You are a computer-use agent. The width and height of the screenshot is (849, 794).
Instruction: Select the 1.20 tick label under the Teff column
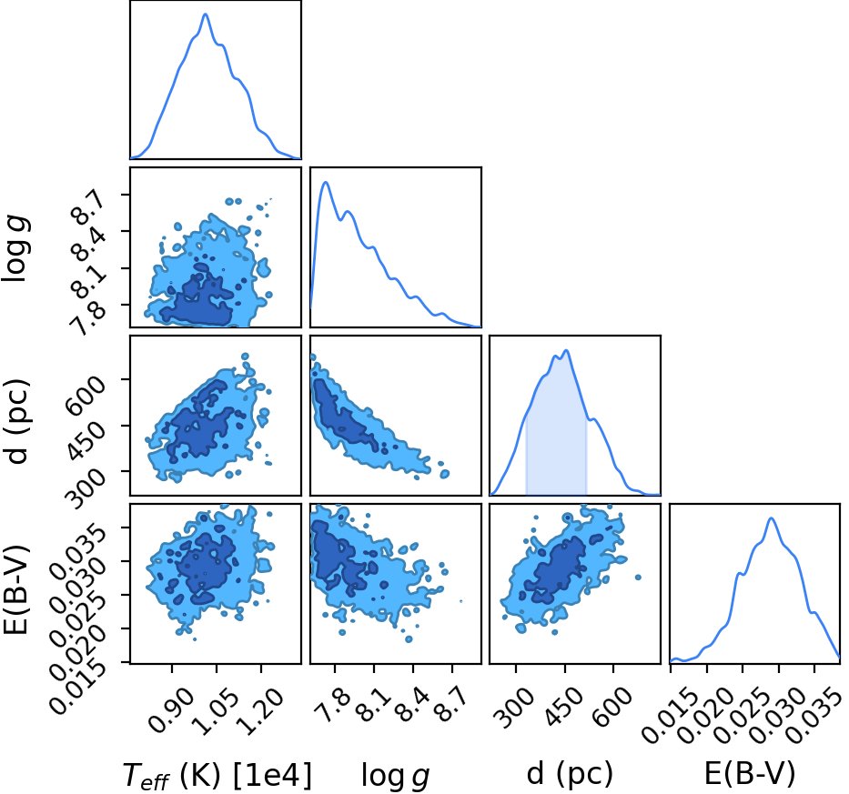pos(261,709)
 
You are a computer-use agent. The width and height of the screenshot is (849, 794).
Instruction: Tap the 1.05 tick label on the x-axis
pos(216,709)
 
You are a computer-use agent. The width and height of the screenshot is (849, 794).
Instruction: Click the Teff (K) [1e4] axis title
pos(217,775)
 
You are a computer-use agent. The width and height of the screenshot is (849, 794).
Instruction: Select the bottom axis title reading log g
pos(395,775)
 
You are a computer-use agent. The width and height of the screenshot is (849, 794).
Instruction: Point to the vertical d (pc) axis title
pos(17,416)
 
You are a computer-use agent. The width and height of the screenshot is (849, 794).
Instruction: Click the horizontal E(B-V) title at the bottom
pos(750,773)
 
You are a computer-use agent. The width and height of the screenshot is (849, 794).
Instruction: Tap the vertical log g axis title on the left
pos(16,248)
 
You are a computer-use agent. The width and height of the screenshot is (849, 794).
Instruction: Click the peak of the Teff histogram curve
pos(206,14)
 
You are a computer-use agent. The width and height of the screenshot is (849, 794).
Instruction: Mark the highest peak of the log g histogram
pos(326,183)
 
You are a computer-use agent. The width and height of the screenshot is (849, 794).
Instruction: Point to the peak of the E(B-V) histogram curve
pos(771,518)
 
